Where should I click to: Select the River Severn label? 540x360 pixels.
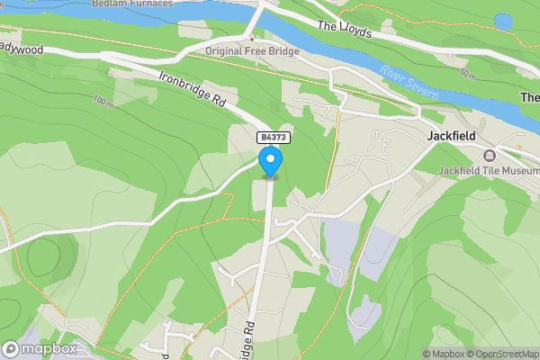409,83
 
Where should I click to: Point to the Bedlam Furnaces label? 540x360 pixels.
131,4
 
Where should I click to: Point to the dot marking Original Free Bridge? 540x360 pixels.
252,40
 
